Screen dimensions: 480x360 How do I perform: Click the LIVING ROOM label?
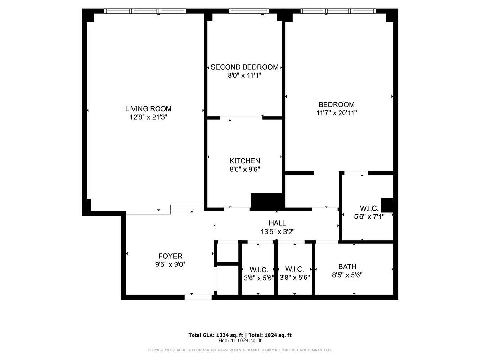tap(148, 108)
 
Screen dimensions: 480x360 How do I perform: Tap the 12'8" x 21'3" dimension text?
tap(148, 117)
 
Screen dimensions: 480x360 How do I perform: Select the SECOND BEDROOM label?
tap(245, 67)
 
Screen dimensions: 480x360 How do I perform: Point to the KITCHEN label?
tap(245, 161)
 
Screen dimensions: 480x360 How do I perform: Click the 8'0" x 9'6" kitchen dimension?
tap(245, 169)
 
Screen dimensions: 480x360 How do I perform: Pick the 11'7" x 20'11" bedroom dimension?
tap(336, 112)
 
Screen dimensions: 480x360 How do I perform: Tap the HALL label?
tap(278, 223)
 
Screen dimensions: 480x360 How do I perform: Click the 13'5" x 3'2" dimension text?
tap(278, 232)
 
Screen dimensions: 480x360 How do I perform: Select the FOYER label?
tap(170, 256)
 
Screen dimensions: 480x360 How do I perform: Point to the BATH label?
tap(347, 267)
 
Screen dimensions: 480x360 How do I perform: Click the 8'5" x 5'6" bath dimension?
tap(347, 275)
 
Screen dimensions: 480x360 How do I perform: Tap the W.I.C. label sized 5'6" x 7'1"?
tap(369, 208)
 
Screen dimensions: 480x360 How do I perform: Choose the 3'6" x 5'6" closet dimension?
tap(259, 278)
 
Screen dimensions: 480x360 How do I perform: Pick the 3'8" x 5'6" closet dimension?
tap(295, 278)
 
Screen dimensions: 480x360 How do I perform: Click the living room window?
tap(145, 11)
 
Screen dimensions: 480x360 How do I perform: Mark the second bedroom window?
tap(249, 11)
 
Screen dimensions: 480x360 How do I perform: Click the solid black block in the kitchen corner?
tap(267, 201)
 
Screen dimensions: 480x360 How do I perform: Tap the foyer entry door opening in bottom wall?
tap(198, 297)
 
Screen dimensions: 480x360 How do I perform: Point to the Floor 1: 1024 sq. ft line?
tap(240, 340)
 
